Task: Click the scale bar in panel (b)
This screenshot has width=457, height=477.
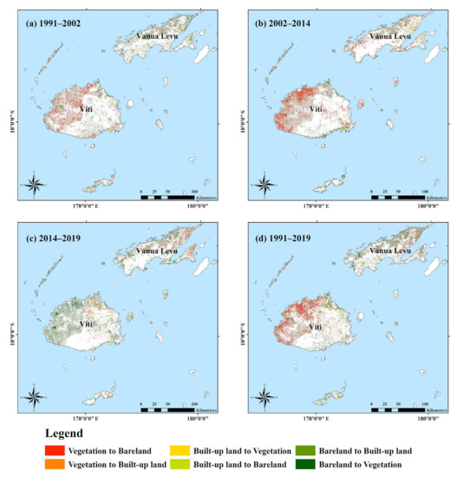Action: pyautogui.click(x=397, y=198)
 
